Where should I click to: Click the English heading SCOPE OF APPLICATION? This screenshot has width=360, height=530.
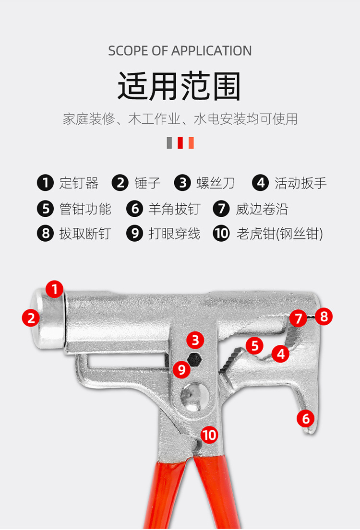pyautogui.click(x=180, y=51)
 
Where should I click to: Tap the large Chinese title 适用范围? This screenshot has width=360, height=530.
pyautogui.click(x=180, y=86)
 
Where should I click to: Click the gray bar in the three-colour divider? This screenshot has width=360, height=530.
pyautogui.click(x=169, y=142)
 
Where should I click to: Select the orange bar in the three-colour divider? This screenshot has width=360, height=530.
pyautogui.click(x=191, y=142)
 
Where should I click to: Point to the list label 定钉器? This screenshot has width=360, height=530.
pyautogui.click(x=79, y=183)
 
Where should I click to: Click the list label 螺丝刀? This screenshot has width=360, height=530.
pyautogui.click(x=216, y=183)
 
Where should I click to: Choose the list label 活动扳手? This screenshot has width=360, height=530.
pyautogui.click(x=300, y=183)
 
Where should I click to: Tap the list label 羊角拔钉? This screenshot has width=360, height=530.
pyautogui.click(x=174, y=209)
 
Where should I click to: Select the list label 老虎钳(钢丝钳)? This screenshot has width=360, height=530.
pyautogui.click(x=279, y=234)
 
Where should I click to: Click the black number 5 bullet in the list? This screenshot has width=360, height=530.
pyautogui.click(x=46, y=209)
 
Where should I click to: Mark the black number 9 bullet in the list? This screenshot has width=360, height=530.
pyautogui.click(x=135, y=234)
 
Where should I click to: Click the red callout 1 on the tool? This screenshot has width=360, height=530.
pyautogui.click(x=55, y=289)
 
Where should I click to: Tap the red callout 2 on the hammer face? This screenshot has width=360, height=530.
pyautogui.click(x=31, y=318)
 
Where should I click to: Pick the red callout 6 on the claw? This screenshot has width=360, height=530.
pyautogui.click(x=306, y=418)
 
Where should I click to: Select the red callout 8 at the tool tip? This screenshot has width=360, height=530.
pyautogui.click(x=324, y=317)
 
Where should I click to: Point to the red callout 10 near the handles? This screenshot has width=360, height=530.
pyautogui.click(x=209, y=435)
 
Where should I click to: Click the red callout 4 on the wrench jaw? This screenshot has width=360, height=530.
pyautogui.click(x=280, y=354)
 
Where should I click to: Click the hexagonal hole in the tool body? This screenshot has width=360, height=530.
pyautogui.click(x=195, y=358)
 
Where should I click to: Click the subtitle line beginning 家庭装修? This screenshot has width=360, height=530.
pyautogui.click(x=180, y=118)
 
